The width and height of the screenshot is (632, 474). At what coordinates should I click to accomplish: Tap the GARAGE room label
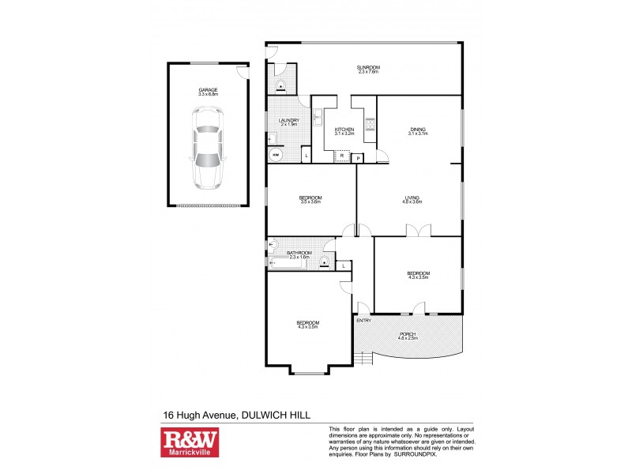[x=209, y=92]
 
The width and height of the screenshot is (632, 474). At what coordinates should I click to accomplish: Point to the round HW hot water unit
[x=276, y=155]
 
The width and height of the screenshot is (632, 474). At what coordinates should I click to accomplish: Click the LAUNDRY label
[x=288, y=122]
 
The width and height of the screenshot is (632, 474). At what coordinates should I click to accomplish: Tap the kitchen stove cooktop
[x=368, y=122]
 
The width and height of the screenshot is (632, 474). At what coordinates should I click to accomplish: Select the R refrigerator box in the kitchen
[x=341, y=156]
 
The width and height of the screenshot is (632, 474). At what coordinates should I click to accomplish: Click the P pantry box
[x=358, y=158]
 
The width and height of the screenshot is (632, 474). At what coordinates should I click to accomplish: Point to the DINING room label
[x=417, y=130]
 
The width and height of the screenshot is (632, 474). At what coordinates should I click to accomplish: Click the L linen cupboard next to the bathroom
[x=344, y=265]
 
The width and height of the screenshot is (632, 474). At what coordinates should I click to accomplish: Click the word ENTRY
[x=363, y=320]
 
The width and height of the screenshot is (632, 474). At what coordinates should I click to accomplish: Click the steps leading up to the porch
[x=362, y=359]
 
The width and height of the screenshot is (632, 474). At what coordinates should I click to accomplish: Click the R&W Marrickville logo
[x=190, y=443]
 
